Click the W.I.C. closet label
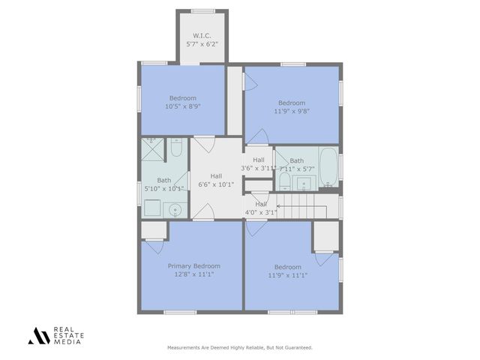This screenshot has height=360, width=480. tap(201, 35)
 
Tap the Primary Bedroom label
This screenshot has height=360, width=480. tap(194, 266)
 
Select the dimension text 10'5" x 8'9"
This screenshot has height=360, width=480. tap(182, 106)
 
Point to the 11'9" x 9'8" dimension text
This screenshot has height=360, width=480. tap(292, 111)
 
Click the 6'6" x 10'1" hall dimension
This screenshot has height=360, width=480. tap(216, 184)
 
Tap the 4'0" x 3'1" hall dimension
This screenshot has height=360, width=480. tap(261, 212)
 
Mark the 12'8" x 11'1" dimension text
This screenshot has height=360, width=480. tap(194, 274)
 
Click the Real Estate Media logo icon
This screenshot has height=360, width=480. tap(38, 336)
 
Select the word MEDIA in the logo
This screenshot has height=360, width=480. tap(65, 341)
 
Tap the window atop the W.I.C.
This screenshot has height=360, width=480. tap(201, 10)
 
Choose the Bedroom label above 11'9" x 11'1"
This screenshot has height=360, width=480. tap(287, 267)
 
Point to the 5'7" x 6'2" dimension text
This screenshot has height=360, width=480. tap(201, 43)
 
